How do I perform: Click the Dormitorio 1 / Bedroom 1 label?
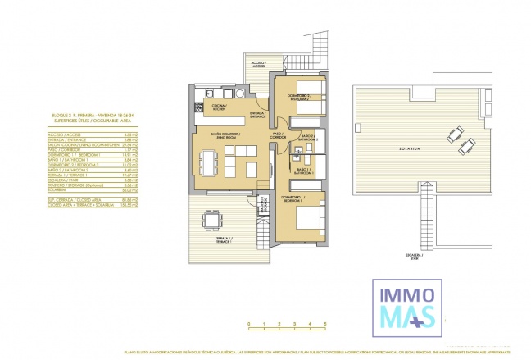pos(294,198)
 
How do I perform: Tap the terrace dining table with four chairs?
pos(213,220)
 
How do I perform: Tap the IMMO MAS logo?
pos(403,303)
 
